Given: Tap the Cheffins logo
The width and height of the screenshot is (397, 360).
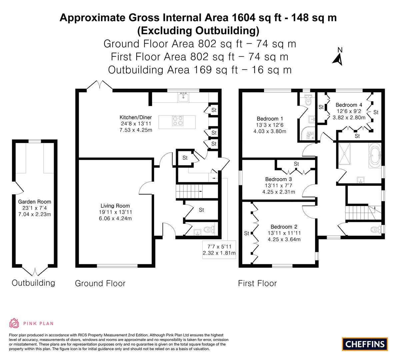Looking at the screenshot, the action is [x=365, y=344].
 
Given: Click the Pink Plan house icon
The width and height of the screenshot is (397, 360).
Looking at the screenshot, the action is [x=14, y=323].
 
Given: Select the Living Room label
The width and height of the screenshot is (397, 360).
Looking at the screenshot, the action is [x=115, y=206].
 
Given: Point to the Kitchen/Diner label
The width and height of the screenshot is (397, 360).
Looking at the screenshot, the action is [x=135, y=117].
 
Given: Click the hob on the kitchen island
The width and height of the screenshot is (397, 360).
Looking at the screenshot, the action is [x=177, y=121].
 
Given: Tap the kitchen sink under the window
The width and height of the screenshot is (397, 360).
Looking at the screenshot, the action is [x=183, y=97].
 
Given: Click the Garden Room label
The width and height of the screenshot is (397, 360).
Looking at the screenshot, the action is [x=35, y=202].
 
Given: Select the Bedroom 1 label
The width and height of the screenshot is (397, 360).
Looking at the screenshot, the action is [x=270, y=119].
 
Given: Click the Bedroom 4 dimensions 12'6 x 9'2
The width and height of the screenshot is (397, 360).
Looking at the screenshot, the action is [x=349, y=111].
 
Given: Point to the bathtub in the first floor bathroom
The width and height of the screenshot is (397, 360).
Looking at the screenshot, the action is [x=375, y=155].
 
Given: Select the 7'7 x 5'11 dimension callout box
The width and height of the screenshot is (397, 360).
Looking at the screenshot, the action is [x=219, y=250].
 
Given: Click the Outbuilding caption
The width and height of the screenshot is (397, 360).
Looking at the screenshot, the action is [x=33, y=283].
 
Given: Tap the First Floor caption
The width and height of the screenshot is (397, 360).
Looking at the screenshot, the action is [x=257, y=283].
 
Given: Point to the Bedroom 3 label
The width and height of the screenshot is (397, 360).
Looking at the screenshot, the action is [x=279, y=179].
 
